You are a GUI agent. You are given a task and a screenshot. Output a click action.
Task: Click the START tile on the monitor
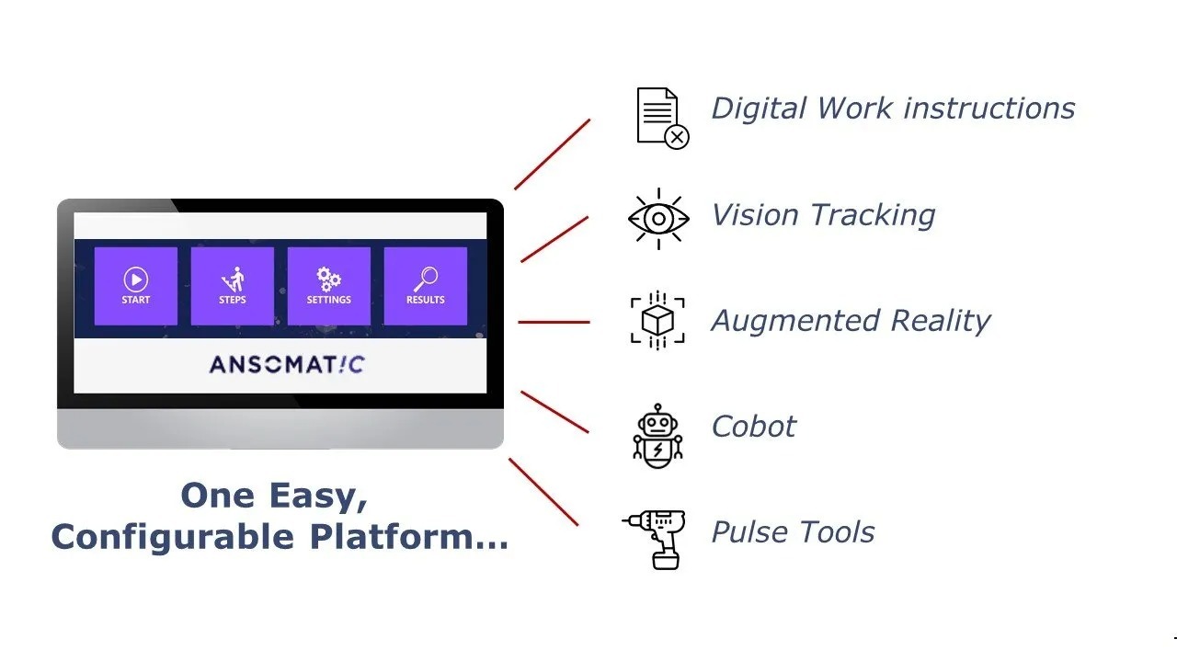click(136, 286)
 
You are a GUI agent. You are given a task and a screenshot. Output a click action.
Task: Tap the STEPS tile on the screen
click(233, 286)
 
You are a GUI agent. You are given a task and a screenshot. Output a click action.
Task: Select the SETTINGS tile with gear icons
click(329, 286)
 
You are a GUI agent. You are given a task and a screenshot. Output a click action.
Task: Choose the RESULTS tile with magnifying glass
click(425, 286)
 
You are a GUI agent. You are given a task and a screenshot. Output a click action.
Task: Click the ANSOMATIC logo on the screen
click(287, 365)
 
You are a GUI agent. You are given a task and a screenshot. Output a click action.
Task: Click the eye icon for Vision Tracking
click(658, 219)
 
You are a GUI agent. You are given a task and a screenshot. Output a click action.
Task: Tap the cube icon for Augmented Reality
click(658, 321)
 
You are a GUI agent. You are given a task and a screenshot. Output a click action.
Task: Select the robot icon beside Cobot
click(658, 436)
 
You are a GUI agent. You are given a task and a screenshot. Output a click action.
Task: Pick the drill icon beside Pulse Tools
click(655, 538)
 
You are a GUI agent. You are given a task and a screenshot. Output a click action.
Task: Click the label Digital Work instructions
click(893, 108)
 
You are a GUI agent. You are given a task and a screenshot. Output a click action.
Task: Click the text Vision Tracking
click(823, 215)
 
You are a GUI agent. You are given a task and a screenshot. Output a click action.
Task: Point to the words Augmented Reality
click(851, 321)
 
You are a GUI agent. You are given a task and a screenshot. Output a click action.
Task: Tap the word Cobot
click(754, 427)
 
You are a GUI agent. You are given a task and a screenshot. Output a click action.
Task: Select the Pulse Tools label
click(793, 532)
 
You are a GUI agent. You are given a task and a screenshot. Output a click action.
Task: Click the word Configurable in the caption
click(172, 537)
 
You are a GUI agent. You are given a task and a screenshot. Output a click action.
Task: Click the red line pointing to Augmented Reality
click(554, 322)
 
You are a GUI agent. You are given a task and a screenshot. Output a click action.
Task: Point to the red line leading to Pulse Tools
click(543, 493)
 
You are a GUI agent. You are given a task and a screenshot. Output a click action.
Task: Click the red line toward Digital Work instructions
click(552, 154)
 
